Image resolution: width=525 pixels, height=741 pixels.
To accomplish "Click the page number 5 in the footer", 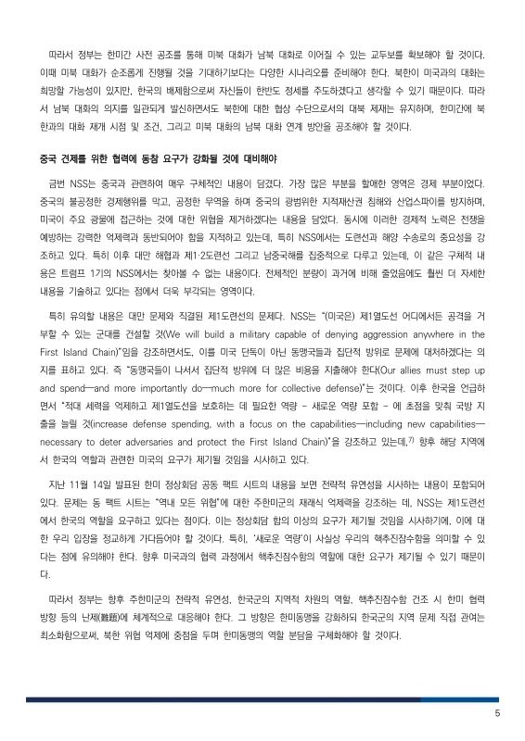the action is coord(497,713).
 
